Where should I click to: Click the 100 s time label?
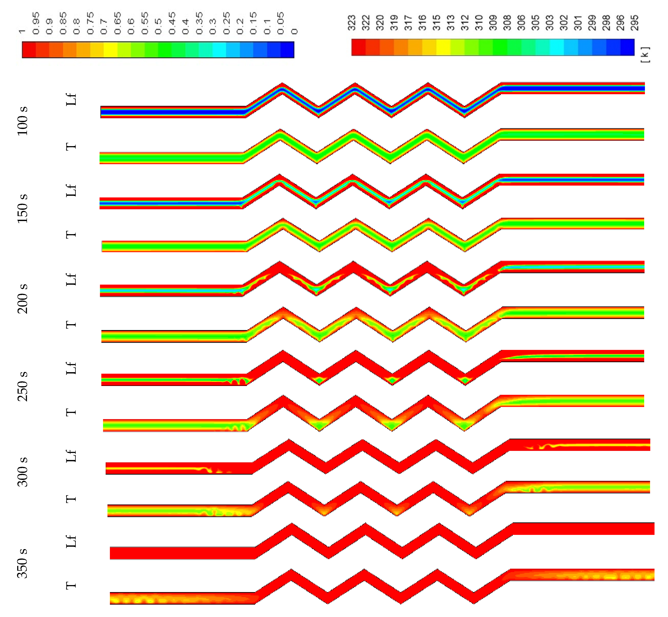(22, 121)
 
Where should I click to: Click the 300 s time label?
(22, 472)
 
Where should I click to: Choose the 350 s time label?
(22, 563)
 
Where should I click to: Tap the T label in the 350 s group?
(71, 585)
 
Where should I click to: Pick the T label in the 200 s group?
(71, 325)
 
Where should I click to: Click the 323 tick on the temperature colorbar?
(351, 23)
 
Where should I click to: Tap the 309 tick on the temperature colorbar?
(493, 23)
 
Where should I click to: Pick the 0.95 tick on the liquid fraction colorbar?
(36, 23)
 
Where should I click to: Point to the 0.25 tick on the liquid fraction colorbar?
(226, 23)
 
